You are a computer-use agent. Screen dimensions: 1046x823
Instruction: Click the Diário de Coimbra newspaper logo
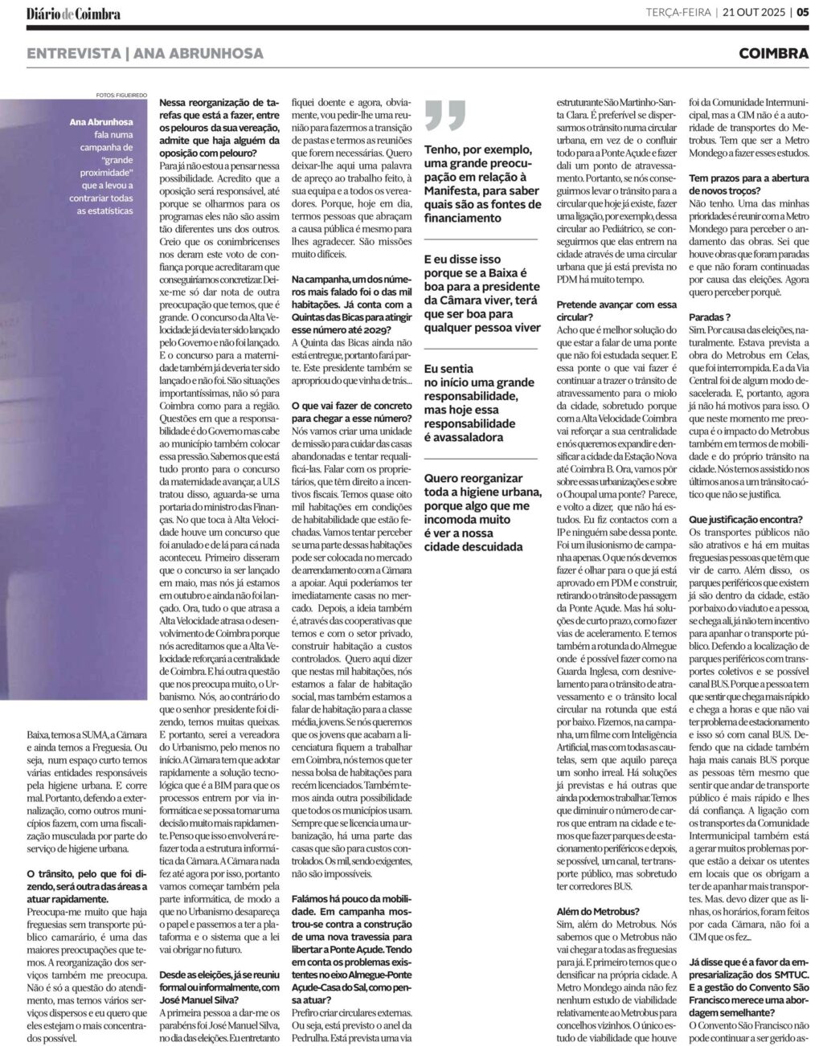pos(73,14)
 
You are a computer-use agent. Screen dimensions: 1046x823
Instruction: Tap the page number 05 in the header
pos(802,13)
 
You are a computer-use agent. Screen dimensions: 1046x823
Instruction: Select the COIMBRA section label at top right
pos(773,54)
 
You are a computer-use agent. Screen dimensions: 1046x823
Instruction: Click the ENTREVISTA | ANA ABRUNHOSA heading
pos(145,54)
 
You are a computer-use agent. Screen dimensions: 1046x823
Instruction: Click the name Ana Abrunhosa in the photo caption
pos(101,122)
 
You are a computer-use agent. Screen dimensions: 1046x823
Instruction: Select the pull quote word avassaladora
pos(464,437)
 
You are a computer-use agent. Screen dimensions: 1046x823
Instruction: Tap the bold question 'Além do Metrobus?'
pos(598,910)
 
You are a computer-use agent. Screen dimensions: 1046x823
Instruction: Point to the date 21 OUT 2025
pos(752,13)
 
